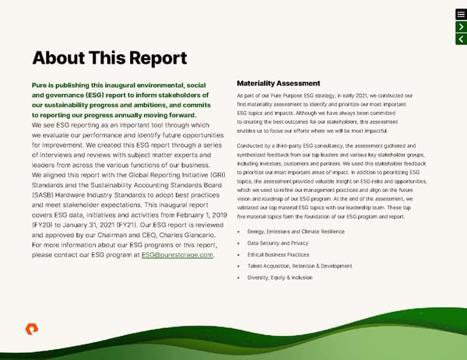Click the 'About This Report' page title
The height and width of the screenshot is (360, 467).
coord(109,58)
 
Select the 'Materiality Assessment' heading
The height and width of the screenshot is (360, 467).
coord(278,83)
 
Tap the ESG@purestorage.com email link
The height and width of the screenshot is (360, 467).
coord(177,255)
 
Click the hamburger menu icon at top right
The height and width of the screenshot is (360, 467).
coord(461,14)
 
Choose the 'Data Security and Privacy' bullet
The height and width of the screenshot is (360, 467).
coord(279,243)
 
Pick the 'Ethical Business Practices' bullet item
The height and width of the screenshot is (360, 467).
coord(279,254)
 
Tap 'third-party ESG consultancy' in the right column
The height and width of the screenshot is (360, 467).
coord(306,145)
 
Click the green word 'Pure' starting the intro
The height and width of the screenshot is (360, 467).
coord(40,84)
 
